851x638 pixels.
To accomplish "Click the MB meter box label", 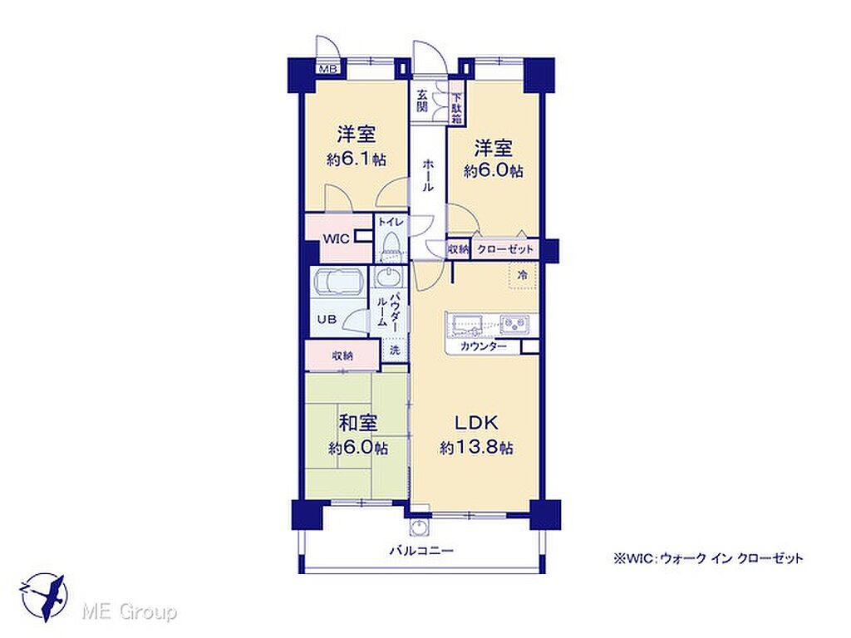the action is point(328,69).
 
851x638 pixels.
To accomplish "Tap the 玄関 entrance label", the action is point(421,100).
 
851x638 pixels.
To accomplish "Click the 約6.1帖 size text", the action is point(357,159).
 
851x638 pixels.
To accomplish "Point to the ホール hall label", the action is point(428,175).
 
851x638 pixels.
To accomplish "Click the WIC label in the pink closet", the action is point(336,238).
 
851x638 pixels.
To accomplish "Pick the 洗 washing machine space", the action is point(395,350).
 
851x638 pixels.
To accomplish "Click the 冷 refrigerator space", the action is point(523,276).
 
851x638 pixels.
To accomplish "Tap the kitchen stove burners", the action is point(513,325).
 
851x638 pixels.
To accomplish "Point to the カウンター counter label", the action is point(483,346).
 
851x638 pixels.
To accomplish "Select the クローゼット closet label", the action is point(505,249).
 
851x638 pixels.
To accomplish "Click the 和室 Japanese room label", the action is point(358,423).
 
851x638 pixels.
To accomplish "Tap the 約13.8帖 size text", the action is point(476,448).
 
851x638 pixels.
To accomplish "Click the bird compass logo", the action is point(45,597).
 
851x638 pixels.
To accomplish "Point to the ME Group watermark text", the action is point(130,612).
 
